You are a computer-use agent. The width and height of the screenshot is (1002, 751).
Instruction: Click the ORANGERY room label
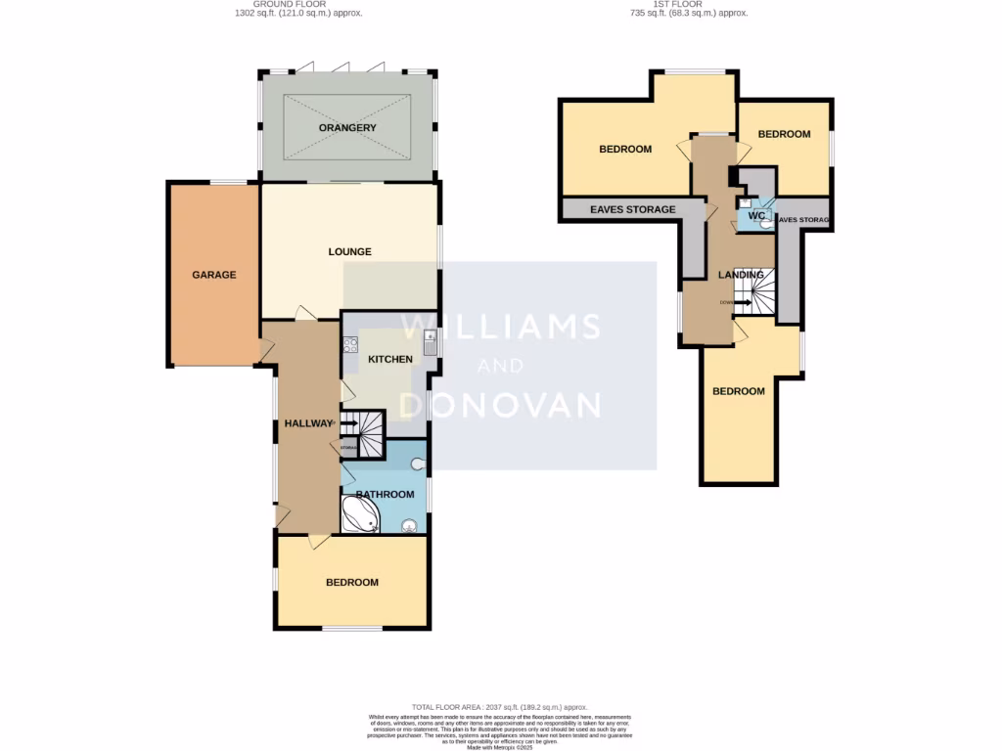(347, 128)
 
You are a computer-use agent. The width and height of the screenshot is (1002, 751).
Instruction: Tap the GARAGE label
(213, 275)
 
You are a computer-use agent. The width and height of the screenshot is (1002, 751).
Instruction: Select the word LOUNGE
(349, 251)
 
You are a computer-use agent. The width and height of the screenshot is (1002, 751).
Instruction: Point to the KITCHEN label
(389, 359)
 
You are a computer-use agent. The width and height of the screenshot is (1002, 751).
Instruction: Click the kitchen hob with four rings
(349, 343)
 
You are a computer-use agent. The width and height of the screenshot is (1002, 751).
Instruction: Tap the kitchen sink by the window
(430, 342)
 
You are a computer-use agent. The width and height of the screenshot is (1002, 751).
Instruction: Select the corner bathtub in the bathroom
(359, 514)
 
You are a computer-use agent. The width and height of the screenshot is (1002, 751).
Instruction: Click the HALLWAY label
(308, 423)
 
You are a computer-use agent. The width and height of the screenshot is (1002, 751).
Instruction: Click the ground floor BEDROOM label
(351, 582)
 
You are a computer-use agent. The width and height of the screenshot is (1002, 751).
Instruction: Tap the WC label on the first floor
(755, 215)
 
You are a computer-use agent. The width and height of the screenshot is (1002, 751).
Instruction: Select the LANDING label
(741, 275)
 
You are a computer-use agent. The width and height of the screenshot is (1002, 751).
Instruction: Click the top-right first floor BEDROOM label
(784, 134)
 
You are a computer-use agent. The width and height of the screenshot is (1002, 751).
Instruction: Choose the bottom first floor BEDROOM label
(738, 391)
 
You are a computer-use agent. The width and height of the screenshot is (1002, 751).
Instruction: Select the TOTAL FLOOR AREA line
(499, 706)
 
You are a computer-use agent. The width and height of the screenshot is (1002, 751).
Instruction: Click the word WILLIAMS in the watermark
(500, 327)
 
